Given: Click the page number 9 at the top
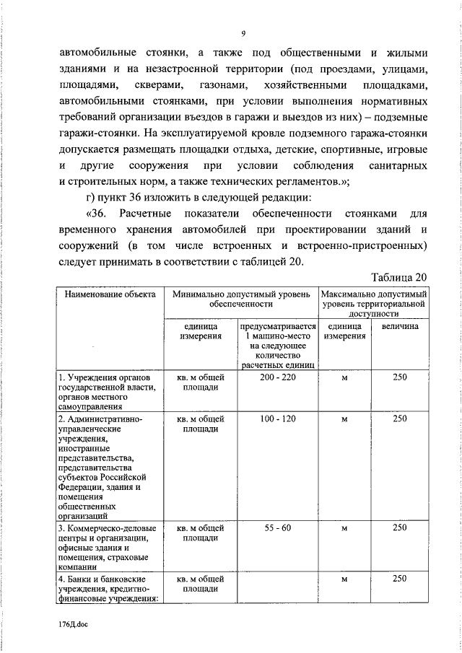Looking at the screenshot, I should pos(243,33).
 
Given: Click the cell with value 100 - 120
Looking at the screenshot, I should pos(277,418).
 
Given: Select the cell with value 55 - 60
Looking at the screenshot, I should pos(277,528).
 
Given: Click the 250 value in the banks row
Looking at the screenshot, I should pos(399,579).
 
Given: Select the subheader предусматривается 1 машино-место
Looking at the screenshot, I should pos(277,346).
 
